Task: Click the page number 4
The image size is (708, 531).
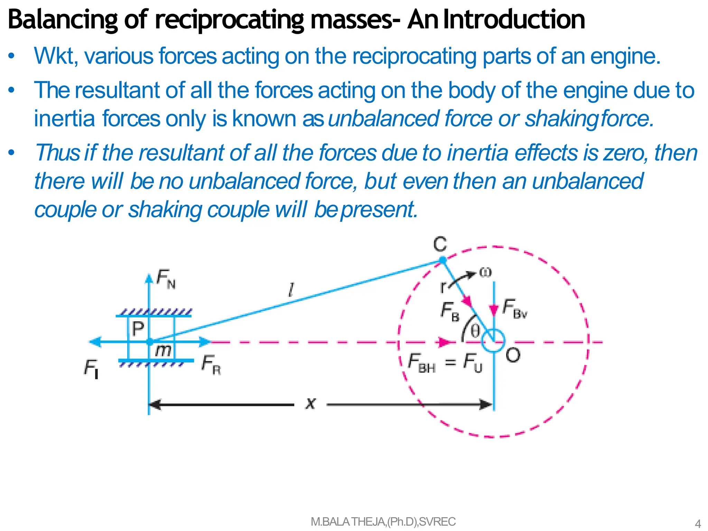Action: coord(698,523)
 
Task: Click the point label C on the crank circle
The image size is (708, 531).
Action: coord(440,244)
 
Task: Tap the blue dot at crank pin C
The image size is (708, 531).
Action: coord(442,260)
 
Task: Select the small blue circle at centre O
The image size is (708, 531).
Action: coord(494,341)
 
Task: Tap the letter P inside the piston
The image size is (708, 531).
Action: coord(138,328)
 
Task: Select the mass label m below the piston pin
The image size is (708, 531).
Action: coord(163,351)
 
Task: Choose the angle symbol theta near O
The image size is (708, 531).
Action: coord(475,331)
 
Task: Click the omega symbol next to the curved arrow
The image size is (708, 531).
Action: coord(485,272)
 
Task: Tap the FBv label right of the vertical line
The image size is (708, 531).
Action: coord(514,308)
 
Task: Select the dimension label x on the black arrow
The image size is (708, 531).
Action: coord(310,403)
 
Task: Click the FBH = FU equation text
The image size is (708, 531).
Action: coord(445,362)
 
